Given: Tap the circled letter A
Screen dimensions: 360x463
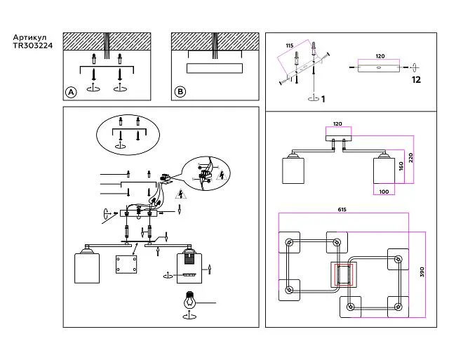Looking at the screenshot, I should (x=70, y=92).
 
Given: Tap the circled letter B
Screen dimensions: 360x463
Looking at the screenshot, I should (x=180, y=92).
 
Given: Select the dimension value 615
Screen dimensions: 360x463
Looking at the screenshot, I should (x=342, y=209).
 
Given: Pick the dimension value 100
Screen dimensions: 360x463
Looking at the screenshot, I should (x=383, y=191).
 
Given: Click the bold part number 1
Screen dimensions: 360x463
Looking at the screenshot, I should (x=323, y=99).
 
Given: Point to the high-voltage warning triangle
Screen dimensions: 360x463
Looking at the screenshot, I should (x=180, y=194).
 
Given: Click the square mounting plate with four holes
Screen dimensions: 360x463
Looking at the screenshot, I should (x=128, y=267).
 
